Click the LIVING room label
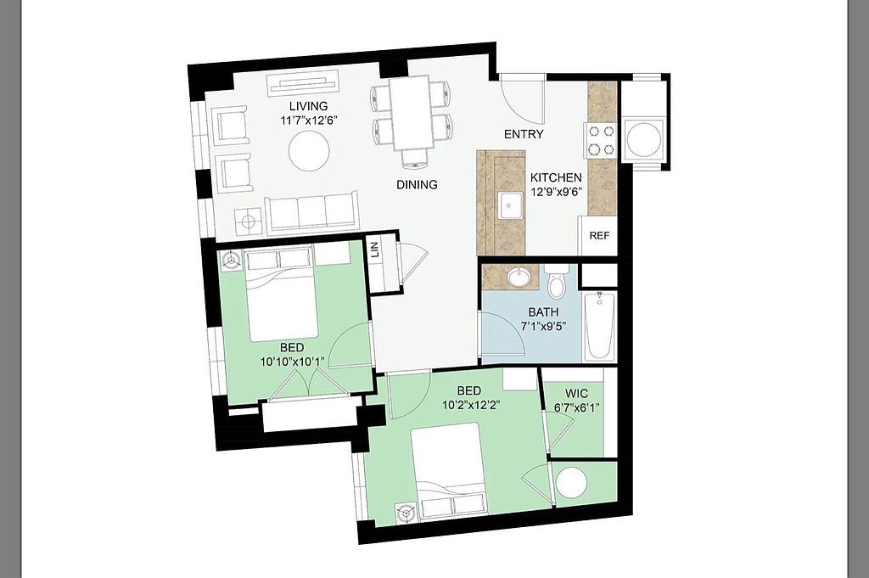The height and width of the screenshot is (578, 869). click(309, 106)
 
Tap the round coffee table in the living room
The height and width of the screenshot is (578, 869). click(309, 150)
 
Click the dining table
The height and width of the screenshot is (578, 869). click(412, 113)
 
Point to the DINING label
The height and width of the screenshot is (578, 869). click(417, 184)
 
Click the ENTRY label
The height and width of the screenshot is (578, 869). click(524, 134)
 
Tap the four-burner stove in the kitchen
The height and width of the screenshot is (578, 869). click(601, 140)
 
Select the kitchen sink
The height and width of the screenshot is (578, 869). click(510, 205)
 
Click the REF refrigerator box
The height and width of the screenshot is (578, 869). click(598, 235)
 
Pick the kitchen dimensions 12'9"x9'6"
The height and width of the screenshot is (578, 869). click(556, 193)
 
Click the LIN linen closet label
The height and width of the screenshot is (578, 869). click(375, 250)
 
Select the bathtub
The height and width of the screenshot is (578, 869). click(600, 325)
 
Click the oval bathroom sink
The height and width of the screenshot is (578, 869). click(519, 278)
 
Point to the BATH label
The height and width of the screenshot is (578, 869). click(543, 312)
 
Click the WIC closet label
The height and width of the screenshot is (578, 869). click(576, 394)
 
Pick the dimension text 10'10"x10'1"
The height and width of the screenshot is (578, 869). click(292, 362)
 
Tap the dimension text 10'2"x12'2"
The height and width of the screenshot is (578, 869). click(468, 405)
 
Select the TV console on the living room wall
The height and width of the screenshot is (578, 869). click(304, 84)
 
